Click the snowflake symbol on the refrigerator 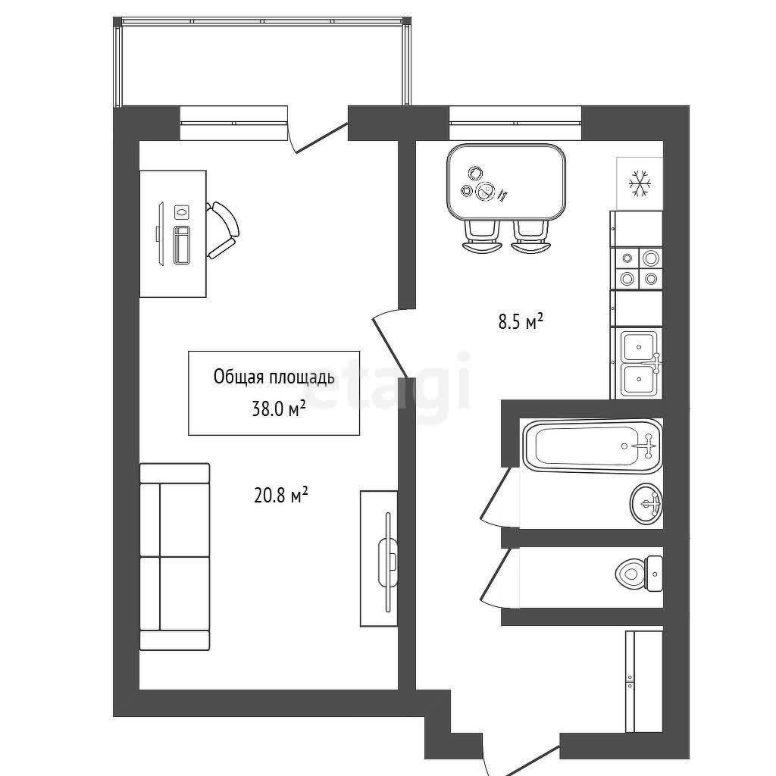coord(640,184)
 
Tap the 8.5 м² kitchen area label coord(521,322)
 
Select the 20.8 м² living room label coord(281,494)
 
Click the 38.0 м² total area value coord(279,408)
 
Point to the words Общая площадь coord(274,377)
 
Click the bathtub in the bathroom coord(593,446)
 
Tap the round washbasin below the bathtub coord(646,504)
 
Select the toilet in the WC coord(639,574)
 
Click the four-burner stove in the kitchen coord(638,268)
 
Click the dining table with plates coord(506,182)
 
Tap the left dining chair coord(481,237)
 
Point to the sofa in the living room coord(175,557)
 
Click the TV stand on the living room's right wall coord(379,559)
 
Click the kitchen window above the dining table coord(515,123)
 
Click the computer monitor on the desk coord(161,235)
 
